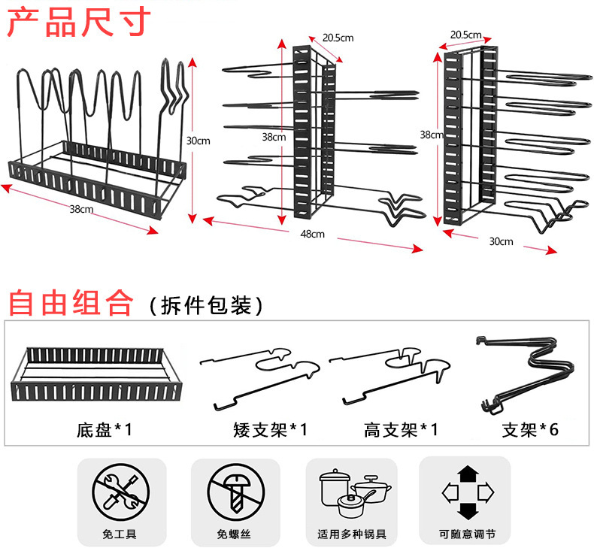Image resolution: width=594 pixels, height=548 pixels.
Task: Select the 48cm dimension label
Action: pyautogui.click(x=312, y=235)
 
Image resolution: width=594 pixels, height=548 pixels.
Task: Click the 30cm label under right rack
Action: pyautogui.click(x=501, y=241)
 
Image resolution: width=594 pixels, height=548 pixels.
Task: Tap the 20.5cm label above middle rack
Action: pyautogui.click(x=338, y=38)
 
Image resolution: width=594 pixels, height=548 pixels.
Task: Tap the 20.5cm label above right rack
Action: pyautogui.click(x=466, y=35)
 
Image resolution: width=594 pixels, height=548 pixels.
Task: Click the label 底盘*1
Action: pyautogui.click(x=104, y=430)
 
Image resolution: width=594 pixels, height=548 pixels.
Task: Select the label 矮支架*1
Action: pyautogui.click(x=270, y=430)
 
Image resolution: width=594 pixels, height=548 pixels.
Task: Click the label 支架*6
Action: pyautogui.click(x=530, y=430)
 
